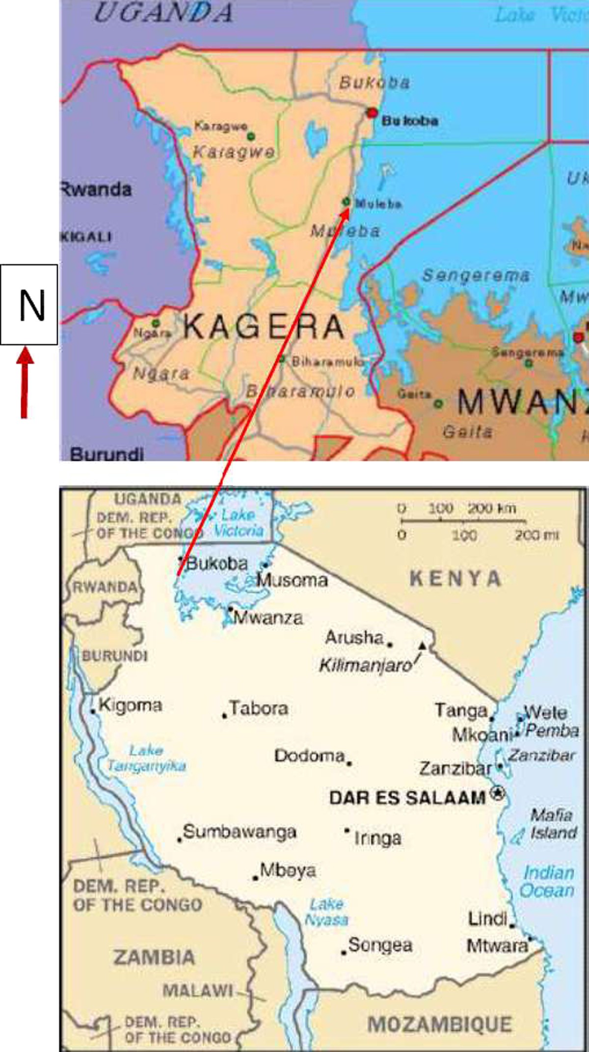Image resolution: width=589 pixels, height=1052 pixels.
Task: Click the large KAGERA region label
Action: pyautogui.click(x=264, y=327)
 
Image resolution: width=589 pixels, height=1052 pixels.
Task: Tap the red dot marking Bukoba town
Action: pyautogui.click(x=372, y=113)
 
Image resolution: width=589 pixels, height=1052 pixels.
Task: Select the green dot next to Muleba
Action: pyautogui.click(x=347, y=201)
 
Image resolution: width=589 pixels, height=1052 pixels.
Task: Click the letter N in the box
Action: pyautogui.click(x=31, y=305)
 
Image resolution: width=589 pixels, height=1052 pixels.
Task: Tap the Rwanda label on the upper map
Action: pyautogui.click(x=96, y=189)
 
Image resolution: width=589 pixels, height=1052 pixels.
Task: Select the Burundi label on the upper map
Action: pyautogui.click(x=107, y=454)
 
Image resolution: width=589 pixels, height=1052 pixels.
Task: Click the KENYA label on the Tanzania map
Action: pyautogui.click(x=455, y=579)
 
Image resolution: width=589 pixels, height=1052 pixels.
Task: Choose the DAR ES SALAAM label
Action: pyautogui.click(x=407, y=798)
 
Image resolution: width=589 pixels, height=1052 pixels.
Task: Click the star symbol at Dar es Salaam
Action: pyautogui.click(x=497, y=793)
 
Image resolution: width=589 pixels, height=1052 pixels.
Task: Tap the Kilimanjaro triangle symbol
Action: pyautogui.click(x=422, y=646)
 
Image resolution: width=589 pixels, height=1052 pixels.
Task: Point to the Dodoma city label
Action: pyautogui.click(x=309, y=756)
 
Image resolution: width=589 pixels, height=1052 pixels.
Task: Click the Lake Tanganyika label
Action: pyautogui.click(x=146, y=758)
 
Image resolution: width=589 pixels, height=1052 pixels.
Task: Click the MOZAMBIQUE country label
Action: pyautogui.click(x=439, y=1025)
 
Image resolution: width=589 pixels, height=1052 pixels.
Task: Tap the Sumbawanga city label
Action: pyautogui.click(x=240, y=832)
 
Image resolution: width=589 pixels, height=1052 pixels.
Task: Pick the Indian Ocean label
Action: pyautogui.click(x=548, y=882)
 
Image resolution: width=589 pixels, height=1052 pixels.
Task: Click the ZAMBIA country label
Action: pyautogui.click(x=154, y=957)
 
